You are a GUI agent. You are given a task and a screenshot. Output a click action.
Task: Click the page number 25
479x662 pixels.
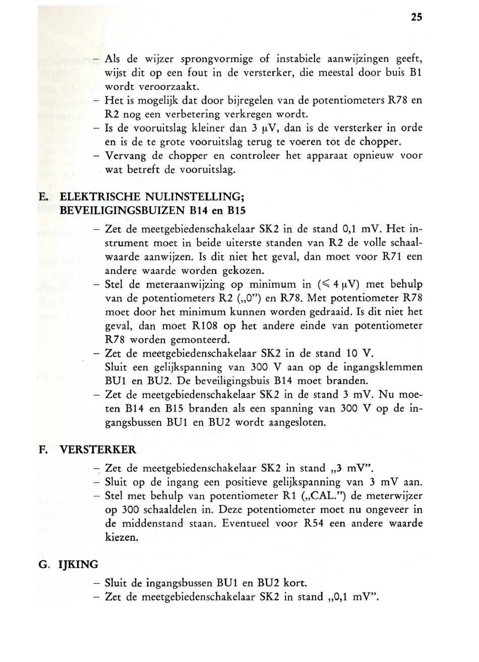click(x=415, y=18)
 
